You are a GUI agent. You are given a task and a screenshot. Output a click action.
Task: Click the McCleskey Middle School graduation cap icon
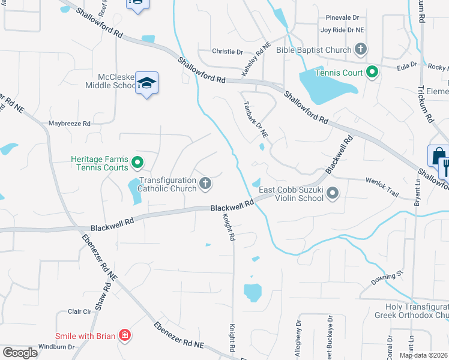[146, 83]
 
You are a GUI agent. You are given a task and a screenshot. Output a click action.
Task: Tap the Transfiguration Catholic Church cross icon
[205, 184]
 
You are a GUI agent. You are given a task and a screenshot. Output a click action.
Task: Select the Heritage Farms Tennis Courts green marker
[137, 162]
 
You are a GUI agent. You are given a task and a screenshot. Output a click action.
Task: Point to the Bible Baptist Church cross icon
[360, 49]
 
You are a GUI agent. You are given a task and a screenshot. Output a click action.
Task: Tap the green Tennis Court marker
[372, 73]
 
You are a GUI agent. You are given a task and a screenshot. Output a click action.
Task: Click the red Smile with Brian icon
[124, 335]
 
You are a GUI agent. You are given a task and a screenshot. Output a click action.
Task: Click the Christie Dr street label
[228, 52]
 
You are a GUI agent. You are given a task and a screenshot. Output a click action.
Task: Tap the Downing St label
[386, 275]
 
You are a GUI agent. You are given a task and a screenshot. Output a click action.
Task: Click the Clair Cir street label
[79, 311]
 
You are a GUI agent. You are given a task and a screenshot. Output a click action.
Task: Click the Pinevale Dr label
[342, 18]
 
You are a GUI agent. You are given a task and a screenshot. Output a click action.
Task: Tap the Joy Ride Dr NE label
[343, 29]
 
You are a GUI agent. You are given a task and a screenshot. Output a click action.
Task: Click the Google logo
[20, 352]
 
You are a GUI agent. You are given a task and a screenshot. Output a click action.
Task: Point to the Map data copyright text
[423, 355]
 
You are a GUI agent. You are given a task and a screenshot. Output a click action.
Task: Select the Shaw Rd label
[106, 295]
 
